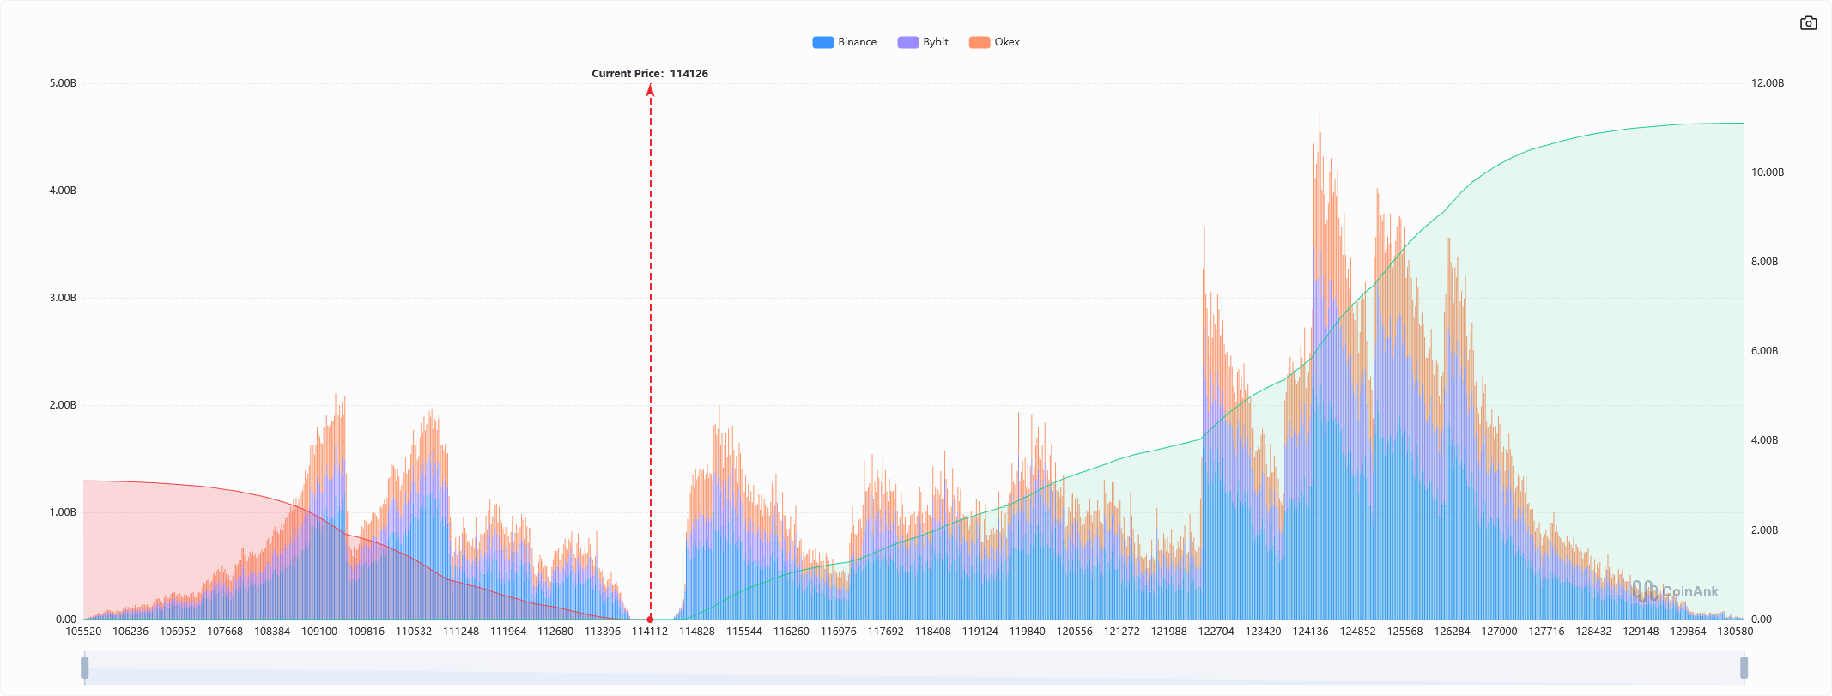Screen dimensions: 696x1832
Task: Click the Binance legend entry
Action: click(845, 42)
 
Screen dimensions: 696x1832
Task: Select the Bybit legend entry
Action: click(923, 42)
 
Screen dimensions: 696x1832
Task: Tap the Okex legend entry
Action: click(994, 42)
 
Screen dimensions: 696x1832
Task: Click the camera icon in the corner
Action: click(1808, 23)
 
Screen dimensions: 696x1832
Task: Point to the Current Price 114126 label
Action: click(650, 74)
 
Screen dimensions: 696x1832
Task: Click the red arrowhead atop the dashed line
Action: click(651, 90)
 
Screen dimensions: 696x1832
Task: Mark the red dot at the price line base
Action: click(650, 619)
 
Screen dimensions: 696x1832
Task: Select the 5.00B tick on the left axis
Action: click(63, 83)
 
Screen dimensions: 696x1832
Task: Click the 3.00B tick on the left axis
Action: click(63, 298)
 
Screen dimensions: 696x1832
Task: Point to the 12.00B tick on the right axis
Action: click(1767, 83)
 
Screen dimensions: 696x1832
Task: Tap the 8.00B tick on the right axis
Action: click(1764, 262)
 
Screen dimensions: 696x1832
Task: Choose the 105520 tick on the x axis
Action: click(83, 632)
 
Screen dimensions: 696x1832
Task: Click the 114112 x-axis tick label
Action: click(650, 632)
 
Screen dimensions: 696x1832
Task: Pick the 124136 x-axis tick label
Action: click(1311, 632)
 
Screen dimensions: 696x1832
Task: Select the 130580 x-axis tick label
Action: click(1735, 632)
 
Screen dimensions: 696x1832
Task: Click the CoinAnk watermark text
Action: click(1689, 591)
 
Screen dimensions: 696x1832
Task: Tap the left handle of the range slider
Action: click(85, 667)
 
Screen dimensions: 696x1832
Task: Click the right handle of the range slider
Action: click(1744, 667)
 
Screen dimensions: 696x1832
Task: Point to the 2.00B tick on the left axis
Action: click(63, 405)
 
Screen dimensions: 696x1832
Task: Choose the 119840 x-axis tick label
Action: click(1028, 632)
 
